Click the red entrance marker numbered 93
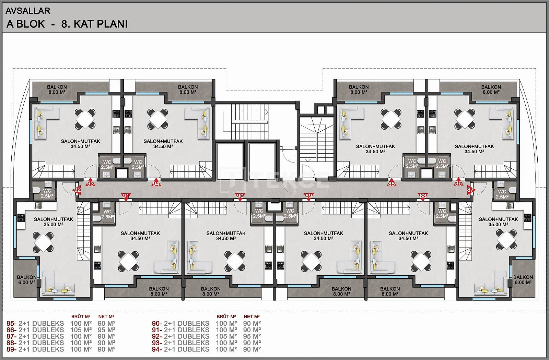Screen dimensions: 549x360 coord(90,182)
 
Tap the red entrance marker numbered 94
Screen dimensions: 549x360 coord(156,183)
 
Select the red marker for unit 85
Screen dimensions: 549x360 coord(392,183)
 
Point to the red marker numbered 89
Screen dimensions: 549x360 coord(308,197)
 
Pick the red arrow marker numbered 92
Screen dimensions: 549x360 coord(77,190)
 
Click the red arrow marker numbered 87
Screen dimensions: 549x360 coord(471,190)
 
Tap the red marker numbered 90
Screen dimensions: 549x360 coord(240,197)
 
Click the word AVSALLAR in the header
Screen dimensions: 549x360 coord(28,11)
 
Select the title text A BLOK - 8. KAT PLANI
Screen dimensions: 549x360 coord(67,24)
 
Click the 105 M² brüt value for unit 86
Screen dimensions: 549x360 coord(81,330)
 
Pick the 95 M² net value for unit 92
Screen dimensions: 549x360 coord(252,336)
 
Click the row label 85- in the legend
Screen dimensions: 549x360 coord(12,323)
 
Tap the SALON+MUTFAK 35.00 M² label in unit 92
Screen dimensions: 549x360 coord(54,222)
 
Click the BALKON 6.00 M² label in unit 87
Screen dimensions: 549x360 coord(523,280)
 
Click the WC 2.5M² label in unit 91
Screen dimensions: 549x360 coord(107,214)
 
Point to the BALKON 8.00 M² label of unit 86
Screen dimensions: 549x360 coord(491,89)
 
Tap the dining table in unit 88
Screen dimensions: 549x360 coord(421,261)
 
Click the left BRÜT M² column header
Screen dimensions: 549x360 coord(81,317)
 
